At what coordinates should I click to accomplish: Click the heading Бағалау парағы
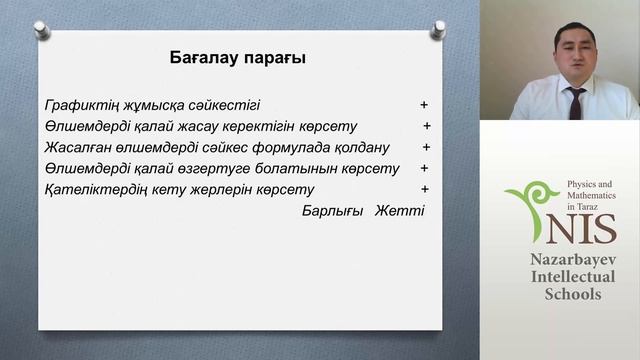coord(237,58)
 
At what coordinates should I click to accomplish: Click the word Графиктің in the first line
coord(79,105)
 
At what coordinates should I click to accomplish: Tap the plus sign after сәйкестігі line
coord(424,104)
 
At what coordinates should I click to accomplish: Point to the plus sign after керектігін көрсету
coord(427,126)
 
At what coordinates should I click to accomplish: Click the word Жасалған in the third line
coord(76,147)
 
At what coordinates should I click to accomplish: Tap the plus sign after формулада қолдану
coord(425,147)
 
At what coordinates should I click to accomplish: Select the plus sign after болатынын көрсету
coord(425,168)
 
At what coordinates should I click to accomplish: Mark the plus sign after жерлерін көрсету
coord(425,189)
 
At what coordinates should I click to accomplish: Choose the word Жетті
coord(399,211)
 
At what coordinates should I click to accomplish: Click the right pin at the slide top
coord(436,30)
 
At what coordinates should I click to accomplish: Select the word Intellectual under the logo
coord(573,277)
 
